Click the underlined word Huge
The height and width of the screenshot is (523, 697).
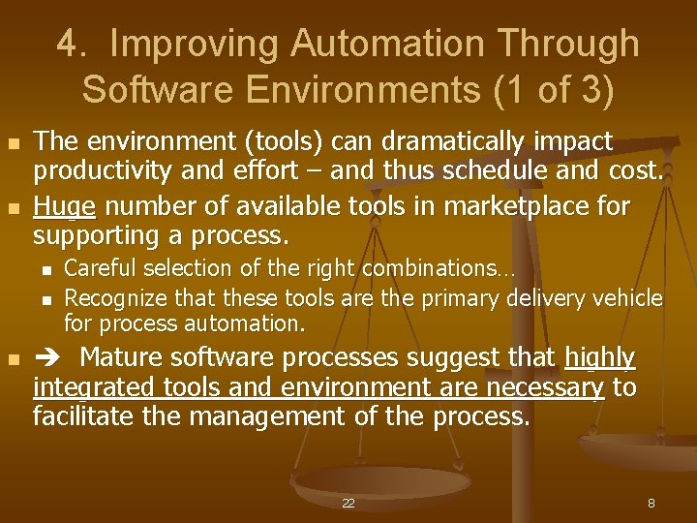64,207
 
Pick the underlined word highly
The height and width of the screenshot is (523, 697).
599,358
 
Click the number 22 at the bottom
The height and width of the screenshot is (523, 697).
348,504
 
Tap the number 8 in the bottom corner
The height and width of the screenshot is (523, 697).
651,504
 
